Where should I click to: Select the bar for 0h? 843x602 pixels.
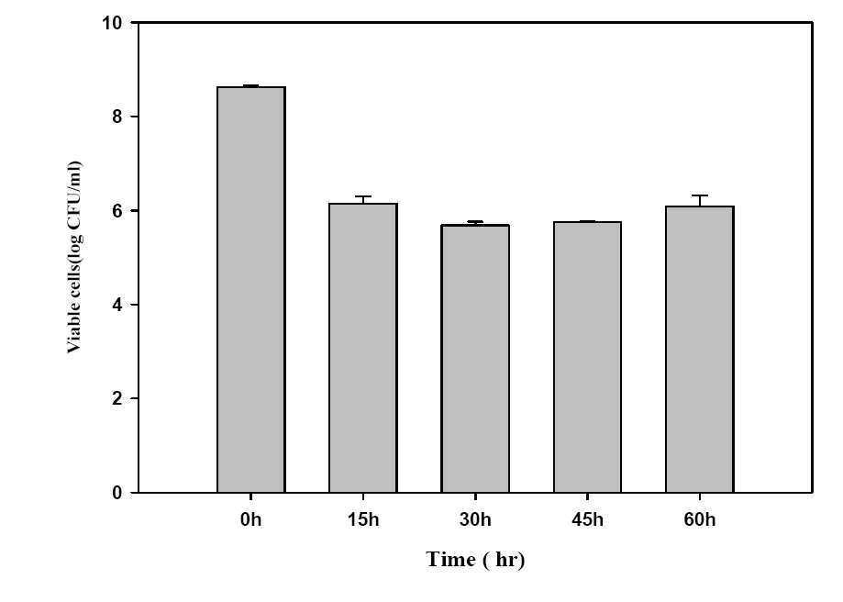251,289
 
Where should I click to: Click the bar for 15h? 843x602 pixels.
363,348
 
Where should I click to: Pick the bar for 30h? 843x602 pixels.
475,358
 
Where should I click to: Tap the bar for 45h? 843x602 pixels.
588,357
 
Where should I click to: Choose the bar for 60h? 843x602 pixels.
700,349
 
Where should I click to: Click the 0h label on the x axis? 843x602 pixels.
251,519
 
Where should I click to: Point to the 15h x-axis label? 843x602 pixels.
363,519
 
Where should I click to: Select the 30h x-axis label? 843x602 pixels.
475,519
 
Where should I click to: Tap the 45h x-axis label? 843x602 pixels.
588,519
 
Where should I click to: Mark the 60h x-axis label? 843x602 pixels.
700,519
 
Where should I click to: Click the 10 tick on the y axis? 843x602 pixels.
112,23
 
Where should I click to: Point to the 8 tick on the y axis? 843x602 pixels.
117,117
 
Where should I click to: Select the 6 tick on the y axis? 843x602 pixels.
117,210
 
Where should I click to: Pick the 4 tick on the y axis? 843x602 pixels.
117,305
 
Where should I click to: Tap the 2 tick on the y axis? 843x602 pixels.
117,398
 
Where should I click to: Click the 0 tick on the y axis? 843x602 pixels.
117,493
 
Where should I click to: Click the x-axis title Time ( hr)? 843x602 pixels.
475,560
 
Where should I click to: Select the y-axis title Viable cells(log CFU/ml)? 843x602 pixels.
74,257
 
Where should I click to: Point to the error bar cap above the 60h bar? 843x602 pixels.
700,195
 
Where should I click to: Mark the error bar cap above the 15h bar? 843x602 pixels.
363,196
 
